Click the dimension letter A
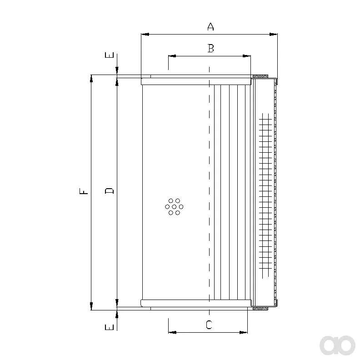210,26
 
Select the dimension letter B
211,48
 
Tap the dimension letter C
209,325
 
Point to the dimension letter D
110,190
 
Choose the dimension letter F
84,191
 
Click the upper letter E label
110,55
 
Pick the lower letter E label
110,327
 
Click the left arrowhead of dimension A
145,35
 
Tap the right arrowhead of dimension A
273,35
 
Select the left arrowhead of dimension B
172,56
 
